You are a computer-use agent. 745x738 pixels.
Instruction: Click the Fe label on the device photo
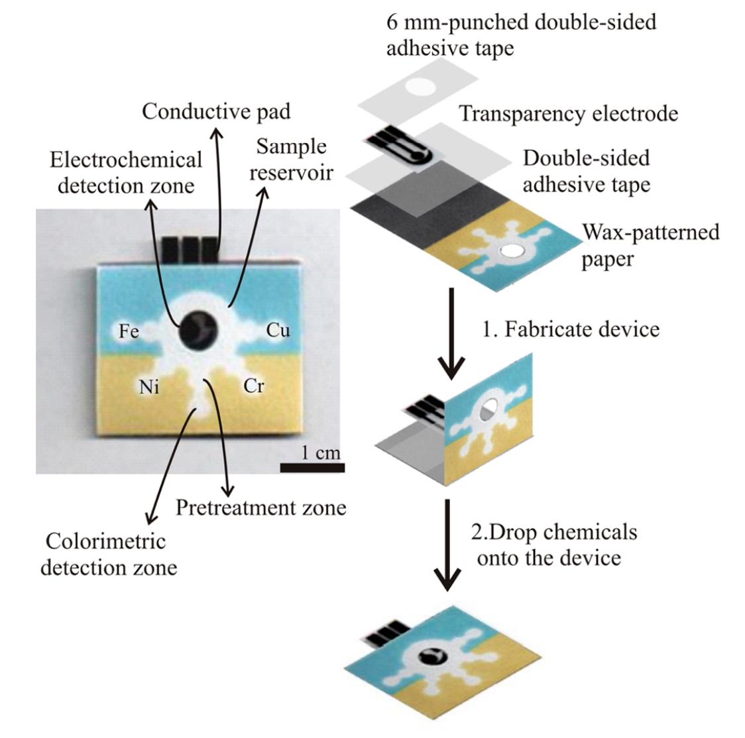click(x=129, y=330)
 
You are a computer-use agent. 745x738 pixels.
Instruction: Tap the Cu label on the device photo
click(x=278, y=329)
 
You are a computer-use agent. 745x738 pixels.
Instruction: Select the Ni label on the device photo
click(x=149, y=386)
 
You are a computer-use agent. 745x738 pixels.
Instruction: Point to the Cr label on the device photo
click(x=254, y=385)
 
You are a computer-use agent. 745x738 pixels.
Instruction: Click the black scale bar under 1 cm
click(x=312, y=468)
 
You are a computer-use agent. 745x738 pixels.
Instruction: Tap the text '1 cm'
click(x=320, y=452)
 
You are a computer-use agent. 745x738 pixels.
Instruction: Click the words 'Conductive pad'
click(x=216, y=111)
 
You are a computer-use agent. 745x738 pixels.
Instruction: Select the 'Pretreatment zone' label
click(x=260, y=507)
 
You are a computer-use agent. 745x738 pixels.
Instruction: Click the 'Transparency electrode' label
click(x=569, y=113)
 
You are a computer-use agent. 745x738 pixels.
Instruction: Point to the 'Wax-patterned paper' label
click(x=650, y=245)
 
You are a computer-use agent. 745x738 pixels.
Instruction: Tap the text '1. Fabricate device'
click(x=570, y=329)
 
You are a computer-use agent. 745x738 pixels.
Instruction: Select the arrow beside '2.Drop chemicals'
click(x=449, y=545)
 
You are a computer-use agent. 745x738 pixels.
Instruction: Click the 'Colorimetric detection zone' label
click(x=107, y=554)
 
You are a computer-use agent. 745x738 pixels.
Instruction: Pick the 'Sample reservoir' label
click(x=292, y=159)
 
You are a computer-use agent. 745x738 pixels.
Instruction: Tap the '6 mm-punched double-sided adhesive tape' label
click(x=521, y=34)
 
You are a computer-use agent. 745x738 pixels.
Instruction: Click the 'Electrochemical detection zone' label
click(x=126, y=172)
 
